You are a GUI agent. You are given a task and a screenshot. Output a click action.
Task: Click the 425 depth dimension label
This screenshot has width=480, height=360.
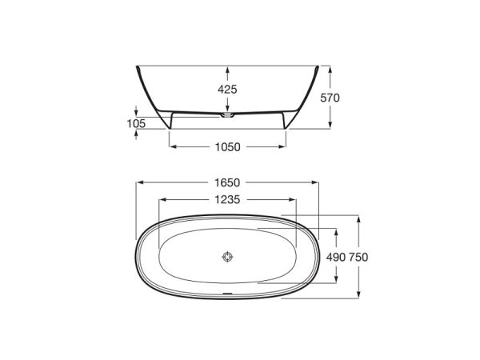pyautogui.click(x=227, y=90)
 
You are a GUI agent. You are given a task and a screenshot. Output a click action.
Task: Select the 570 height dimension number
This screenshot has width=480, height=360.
pyautogui.click(x=330, y=98)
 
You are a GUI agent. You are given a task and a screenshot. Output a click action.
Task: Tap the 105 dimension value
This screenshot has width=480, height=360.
pyautogui.click(x=136, y=124)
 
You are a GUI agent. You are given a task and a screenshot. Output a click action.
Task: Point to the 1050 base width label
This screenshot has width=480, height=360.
pyautogui.click(x=227, y=147)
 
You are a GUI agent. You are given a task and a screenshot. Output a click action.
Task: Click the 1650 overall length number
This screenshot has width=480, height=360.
pyautogui.click(x=227, y=182)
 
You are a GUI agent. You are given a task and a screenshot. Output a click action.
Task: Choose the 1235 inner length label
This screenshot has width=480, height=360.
pyautogui.click(x=227, y=200)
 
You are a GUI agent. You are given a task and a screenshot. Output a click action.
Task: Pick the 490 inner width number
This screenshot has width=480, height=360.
pyautogui.click(x=336, y=257)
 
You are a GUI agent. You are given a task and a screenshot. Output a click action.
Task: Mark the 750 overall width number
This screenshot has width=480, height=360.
pyautogui.click(x=358, y=257)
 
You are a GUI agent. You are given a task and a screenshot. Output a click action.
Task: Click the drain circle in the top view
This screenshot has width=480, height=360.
pyautogui.click(x=227, y=257)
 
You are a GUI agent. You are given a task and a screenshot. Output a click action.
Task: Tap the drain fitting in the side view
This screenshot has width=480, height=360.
pyautogui.click(x=227, y=115)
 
